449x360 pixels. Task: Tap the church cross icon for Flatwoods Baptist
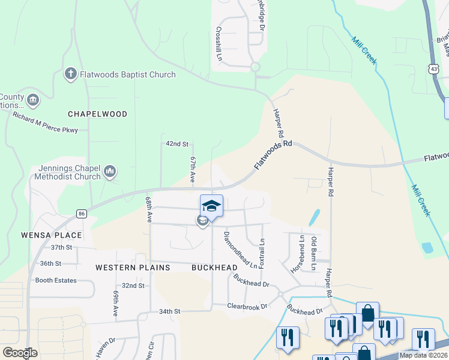[x=70, y=74]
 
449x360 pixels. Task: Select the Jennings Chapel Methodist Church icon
[x=109, y=172]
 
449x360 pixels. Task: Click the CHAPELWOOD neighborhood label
[x=98, y=114]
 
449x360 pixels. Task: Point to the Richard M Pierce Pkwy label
[x=45, y=122]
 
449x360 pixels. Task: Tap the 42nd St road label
[x=177, y=144]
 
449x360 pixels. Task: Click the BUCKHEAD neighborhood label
[x=211, y=267]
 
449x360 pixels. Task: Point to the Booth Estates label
[x=56, y=280]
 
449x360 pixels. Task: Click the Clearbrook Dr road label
[x=247, y=306]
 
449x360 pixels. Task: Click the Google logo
[x=20, y=353]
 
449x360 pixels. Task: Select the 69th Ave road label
[x=115, y=304]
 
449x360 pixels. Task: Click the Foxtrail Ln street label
[x=262, y=254]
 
